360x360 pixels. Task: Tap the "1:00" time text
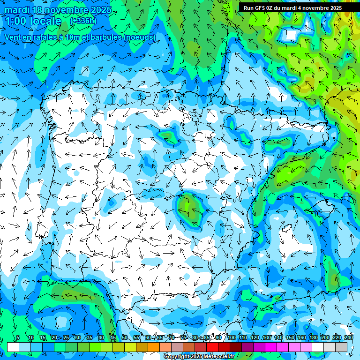(x=17, y=21)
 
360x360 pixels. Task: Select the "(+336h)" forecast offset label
(x=83, y=21)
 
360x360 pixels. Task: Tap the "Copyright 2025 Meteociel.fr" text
(x=199, y=357)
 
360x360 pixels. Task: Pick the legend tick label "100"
(x=231, y=337)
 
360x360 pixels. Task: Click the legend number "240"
(x=348, y=337)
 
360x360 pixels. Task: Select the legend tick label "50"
(x=124, y=337)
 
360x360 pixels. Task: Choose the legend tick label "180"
(x=313, y=337)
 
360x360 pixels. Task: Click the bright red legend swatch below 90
(x=213, y=347)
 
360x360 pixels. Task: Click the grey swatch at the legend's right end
(x=341, y=347)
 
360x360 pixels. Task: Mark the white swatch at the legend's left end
(x=13, y=347)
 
